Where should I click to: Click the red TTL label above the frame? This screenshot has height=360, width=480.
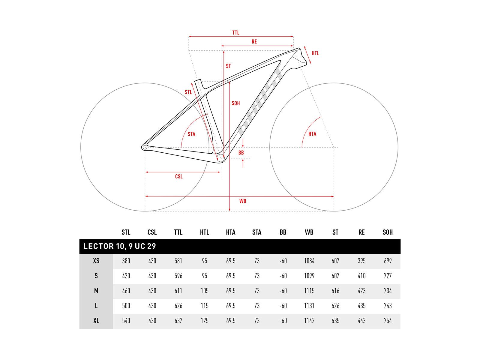pyautogui.click(x=236, y=33)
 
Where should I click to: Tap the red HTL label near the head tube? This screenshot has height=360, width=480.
pyautogui.click(x=315, y=53)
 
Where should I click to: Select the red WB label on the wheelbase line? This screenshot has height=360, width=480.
pyautogui.click(x=242, y=201)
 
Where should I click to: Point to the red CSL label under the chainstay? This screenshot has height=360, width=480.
pyautogui.click(x=179, y=176)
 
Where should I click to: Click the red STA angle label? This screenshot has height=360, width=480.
pyautogui.click(x=191, y=134)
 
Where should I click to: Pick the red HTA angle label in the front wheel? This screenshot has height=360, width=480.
pyautogui.click(x=312, y=134)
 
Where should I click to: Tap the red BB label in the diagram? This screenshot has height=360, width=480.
pyautogui.click(x=241, y=153)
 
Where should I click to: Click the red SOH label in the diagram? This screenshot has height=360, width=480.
pyautogui.click(x=235, y=103)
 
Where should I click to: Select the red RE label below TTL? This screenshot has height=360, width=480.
pyautogui.click(x=254, y=41)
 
